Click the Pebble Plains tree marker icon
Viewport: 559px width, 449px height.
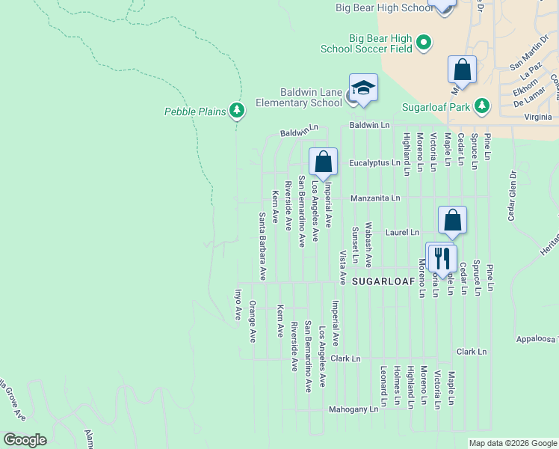click(x=238, y=112)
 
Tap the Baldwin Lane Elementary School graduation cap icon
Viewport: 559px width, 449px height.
click(x=363, y=88)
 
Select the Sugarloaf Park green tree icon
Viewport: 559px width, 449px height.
click(x=483, y=106)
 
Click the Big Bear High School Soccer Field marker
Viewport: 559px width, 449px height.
click(x=424, y=43)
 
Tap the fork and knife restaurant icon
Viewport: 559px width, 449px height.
click(x=441, y=257)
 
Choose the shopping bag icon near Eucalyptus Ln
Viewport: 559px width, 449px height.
click(x=324, y=162)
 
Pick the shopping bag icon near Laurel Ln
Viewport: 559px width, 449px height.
click(x=452, y=220)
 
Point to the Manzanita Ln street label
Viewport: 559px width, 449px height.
click(x=376, y=198)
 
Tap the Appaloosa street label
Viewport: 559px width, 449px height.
click(x=537, y=339)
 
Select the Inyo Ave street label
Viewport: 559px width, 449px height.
click(x=239, y=305)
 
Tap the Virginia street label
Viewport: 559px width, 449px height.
click(x=538, y=117)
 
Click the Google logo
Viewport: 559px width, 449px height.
click(x=25, y=440)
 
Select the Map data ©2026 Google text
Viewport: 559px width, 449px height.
click(x=513, y=443)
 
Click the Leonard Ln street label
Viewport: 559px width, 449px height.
click(x=383, y=386)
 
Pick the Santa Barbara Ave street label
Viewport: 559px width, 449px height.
click(x=262, y=246)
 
